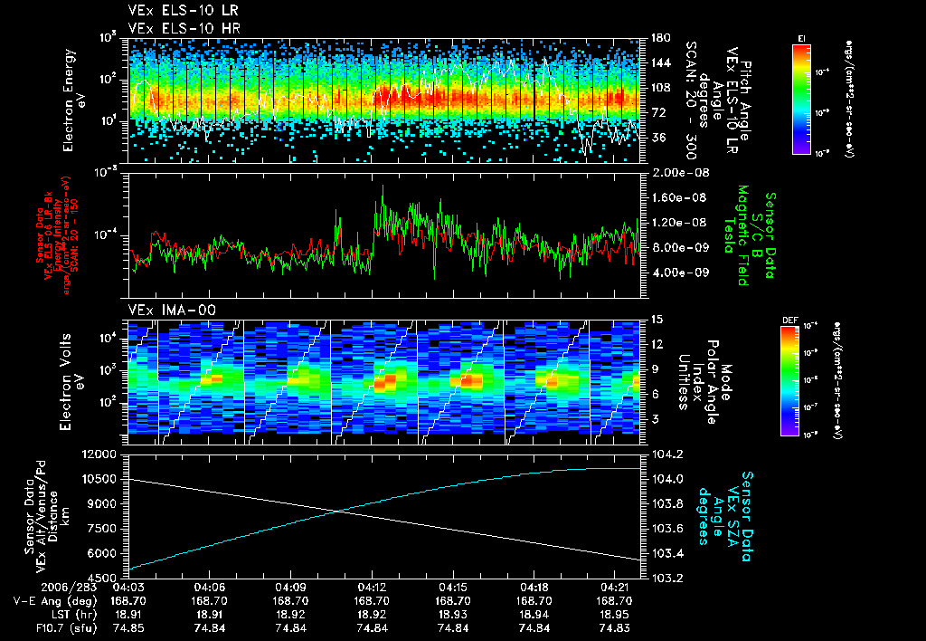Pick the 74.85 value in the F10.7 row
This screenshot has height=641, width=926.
[129, 627]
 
